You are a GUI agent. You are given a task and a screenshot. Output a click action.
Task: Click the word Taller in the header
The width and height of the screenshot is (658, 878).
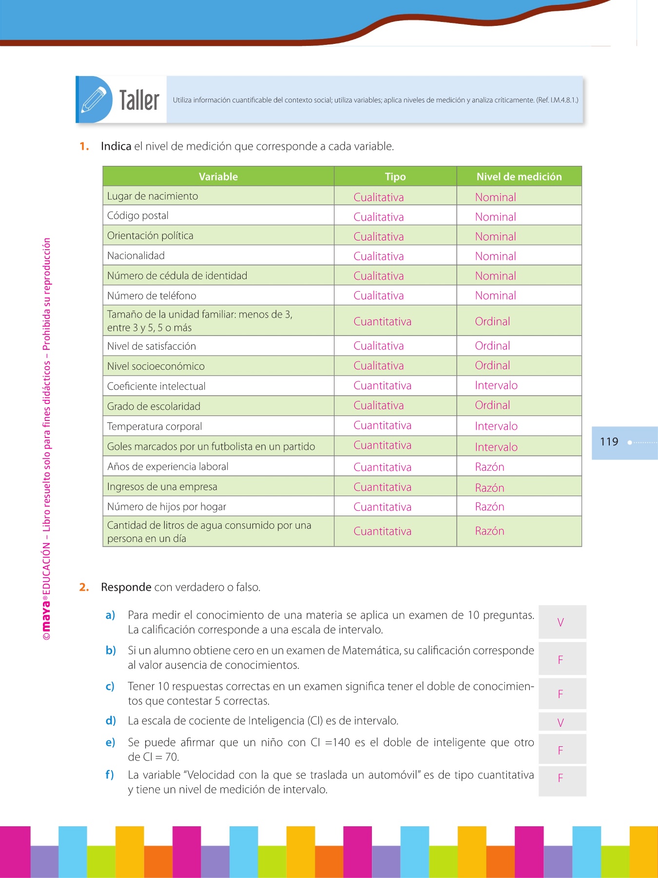coord(139,100)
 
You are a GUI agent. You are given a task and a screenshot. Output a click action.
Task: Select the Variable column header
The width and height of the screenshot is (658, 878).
coord(218,177)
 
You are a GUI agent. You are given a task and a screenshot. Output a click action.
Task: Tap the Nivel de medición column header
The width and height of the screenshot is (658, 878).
coord(519,177)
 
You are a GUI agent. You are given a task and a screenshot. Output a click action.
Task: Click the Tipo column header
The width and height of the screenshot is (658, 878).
coord(395,177)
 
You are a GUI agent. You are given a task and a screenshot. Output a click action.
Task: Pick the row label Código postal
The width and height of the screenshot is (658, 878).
coord(138,216)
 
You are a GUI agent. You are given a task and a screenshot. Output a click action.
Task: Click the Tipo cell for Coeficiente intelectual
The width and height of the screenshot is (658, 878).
coord(382,386)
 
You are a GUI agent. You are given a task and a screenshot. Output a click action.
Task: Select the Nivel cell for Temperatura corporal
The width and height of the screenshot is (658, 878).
coord(496,426)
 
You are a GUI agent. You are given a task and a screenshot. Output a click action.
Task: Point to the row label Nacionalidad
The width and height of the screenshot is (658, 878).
coord(136,256)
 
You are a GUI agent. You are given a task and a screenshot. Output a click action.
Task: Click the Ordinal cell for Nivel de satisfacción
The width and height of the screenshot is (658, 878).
coord(492,346)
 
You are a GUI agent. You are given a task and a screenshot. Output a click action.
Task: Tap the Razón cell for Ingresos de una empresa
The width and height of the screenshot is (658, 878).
coord(489,488)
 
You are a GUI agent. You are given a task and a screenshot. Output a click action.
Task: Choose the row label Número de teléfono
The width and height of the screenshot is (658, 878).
coord(152,296)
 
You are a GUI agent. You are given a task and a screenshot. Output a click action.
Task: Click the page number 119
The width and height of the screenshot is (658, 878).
coord(609,442)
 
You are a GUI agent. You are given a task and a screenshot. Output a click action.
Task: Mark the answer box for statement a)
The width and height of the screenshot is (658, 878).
coord(561,622)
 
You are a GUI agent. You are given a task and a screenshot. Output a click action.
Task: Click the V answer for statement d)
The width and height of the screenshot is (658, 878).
coord(561,723)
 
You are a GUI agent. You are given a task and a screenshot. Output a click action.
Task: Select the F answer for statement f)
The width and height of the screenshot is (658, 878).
coord(561,778)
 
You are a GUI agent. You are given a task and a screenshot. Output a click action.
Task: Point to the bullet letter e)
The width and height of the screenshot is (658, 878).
coord(110,742)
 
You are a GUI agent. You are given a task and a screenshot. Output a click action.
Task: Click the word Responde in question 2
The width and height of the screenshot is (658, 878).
coord(126,587)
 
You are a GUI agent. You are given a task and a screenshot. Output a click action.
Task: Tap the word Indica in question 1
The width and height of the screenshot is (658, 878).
coord(116,146)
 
